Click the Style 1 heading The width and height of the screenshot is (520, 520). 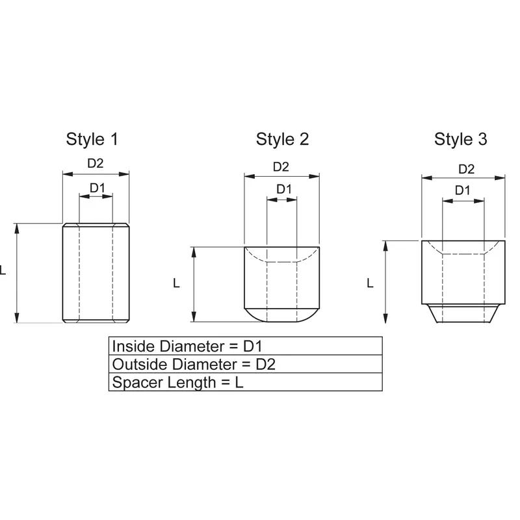92,139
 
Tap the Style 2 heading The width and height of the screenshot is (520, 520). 282,139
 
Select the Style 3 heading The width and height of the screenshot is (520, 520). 461,139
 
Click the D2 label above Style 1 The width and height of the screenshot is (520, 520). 96,163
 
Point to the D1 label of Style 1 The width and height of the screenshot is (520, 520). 97,188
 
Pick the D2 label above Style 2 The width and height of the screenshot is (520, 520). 281,166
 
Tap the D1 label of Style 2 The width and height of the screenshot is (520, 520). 284,189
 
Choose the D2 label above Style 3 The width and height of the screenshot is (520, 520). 466,169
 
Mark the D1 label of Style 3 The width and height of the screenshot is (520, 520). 462,190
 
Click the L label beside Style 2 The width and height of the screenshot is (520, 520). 176,283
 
